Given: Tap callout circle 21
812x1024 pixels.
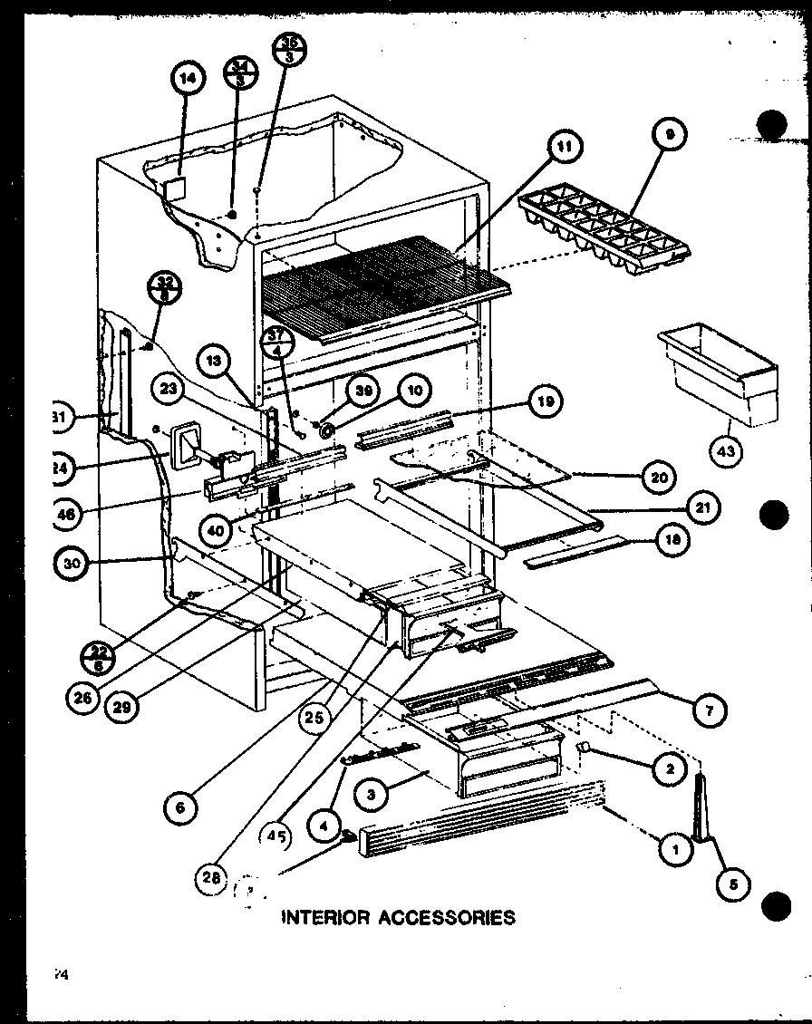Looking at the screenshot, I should coord(700,509).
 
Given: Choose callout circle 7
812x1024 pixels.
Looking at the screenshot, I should coord(709,711).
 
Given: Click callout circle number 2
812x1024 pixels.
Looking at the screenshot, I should coord(669,768).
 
